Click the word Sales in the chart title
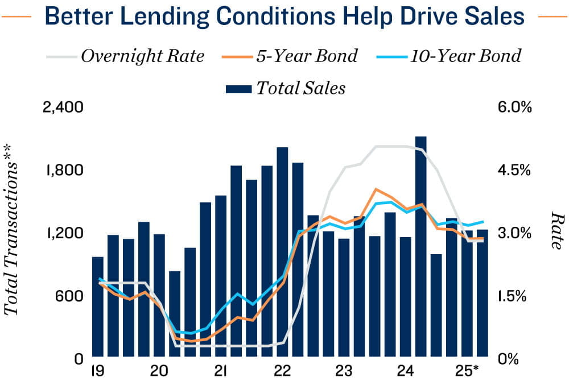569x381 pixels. coord(490,17)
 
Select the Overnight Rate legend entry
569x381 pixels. coord(142,56)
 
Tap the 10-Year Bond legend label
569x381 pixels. coord(465,56)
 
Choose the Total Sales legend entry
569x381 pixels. coord(300,88)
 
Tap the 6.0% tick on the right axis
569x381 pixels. coord(516,107)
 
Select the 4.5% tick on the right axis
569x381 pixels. coord(516,170)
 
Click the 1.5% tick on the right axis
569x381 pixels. coord(516,296)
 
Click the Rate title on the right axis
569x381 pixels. coord(556,231)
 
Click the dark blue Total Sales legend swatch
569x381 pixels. coord(238,88)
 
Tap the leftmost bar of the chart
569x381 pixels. coord(97,307)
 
